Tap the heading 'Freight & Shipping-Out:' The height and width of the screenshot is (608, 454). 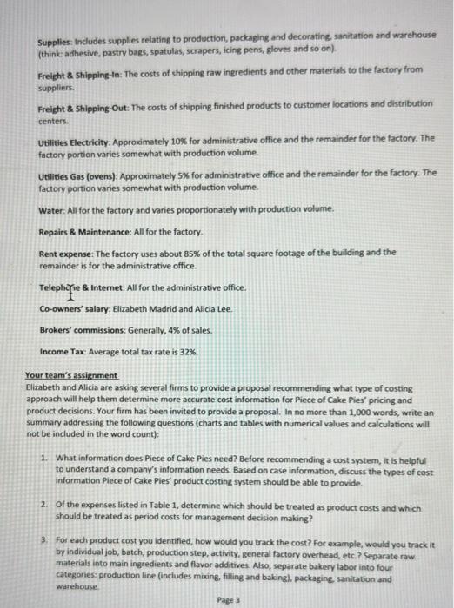click(85, 103)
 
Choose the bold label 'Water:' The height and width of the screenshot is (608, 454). click(51, 210)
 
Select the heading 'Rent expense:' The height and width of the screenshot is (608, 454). click(70, 253)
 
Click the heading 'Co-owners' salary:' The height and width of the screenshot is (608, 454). click(76, 308)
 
